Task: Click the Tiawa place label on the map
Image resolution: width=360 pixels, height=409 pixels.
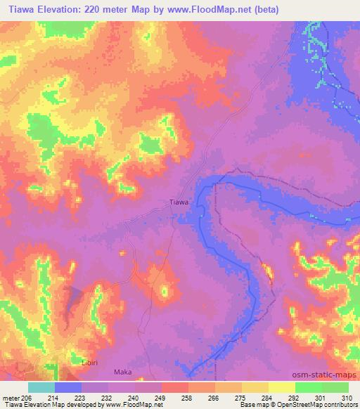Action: click(x=179, y=202)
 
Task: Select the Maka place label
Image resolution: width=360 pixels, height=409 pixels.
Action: click(x=122, y=372)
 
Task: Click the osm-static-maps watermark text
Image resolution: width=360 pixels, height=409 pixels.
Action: click(x=326, y=375)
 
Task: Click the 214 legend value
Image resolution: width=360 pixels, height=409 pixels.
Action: click(x=52, y=398)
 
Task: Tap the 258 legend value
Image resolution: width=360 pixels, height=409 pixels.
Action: click(x=186, y=398)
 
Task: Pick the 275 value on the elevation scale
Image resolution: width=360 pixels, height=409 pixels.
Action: click(x=240, y=398)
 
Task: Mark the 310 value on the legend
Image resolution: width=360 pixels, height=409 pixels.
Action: click(x=347, y=398)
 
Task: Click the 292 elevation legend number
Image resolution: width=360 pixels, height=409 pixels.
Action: click(x=294, y=398)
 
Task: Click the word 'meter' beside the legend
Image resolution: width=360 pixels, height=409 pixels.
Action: click(x=12, y=398)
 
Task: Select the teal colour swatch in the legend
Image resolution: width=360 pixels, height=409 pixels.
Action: click(x=41, y=387)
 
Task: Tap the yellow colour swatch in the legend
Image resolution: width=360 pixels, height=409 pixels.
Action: click(x=281, y=387)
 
